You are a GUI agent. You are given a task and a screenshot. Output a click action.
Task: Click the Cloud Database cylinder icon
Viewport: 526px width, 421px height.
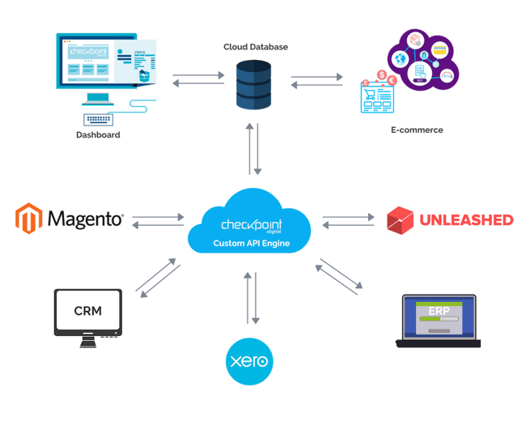tap(254, 84)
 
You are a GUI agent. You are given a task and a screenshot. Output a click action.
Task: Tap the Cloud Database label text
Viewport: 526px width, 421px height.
tap(255, 47)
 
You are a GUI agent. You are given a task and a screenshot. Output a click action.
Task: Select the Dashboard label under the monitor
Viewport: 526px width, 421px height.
tap(98, 135)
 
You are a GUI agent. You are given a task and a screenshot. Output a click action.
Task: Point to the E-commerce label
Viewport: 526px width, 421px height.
tap(417, 130)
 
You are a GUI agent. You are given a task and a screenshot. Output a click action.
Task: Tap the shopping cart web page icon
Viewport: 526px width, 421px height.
tap(375, 96)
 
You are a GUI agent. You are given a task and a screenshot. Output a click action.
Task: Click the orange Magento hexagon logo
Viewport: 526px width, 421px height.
tap(28, 218)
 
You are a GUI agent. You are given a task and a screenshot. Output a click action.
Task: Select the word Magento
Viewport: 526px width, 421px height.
tap(85, 219)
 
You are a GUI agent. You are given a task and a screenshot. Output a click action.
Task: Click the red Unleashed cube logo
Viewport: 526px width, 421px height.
tap(401, 219)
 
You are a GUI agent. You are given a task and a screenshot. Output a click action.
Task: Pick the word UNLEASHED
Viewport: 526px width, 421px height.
tap(466, 219)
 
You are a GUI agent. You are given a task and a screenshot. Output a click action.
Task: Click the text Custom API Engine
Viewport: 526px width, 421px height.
tap(249, 242)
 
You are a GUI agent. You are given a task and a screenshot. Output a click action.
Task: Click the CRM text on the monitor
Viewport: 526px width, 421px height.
tap(88, 312)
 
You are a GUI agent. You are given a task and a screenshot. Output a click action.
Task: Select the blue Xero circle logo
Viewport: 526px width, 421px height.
tap(249, 361)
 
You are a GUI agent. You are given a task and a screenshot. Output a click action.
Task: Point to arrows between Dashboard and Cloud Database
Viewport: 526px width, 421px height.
tap(197, 78)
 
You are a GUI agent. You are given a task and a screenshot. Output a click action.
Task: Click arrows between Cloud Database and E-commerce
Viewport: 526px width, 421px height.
tap(316, 80)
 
